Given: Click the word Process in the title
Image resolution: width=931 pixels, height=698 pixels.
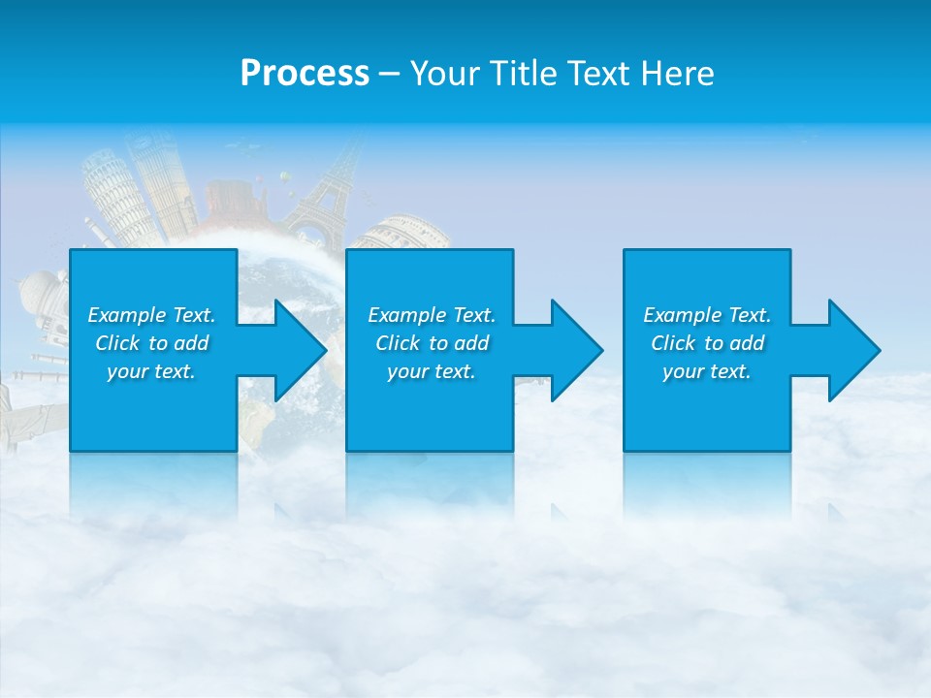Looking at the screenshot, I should coord(305,74).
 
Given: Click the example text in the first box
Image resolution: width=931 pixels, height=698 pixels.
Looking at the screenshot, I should coord(151,343).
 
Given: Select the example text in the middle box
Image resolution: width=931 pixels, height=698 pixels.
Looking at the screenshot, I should coord(432,343).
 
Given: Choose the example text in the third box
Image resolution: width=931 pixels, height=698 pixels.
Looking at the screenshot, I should coord(707,343).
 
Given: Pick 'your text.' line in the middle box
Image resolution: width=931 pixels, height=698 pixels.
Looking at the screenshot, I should coord(432,371).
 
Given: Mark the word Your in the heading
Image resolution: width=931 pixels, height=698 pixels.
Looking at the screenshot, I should coord(445,74).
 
